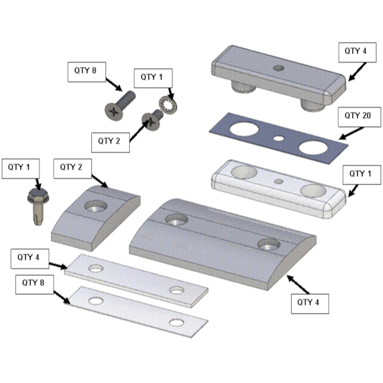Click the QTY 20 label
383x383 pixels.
point(359,117)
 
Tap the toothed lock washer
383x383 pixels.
point(168,105)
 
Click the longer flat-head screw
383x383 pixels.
point(120,105)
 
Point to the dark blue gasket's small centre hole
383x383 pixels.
point(279,138)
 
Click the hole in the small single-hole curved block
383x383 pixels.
point(96,206)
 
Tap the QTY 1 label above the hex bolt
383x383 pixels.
point(21,169)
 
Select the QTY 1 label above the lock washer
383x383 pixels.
point(153,78)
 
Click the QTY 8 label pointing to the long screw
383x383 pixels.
point(87,72)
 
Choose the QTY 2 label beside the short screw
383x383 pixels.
point(110,143)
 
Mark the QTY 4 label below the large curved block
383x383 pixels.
point(310,304)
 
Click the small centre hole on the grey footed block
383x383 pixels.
point(279,68)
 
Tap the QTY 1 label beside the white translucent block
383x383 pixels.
point(362,175)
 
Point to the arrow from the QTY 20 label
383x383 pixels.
point(352,133)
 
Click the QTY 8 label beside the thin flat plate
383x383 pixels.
point(34,285)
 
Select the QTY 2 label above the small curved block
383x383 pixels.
point(72,169)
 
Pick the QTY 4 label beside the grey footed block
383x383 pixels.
point(357,52)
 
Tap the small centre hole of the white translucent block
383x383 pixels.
point(279,181)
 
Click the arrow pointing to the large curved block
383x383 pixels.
point(298,285)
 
